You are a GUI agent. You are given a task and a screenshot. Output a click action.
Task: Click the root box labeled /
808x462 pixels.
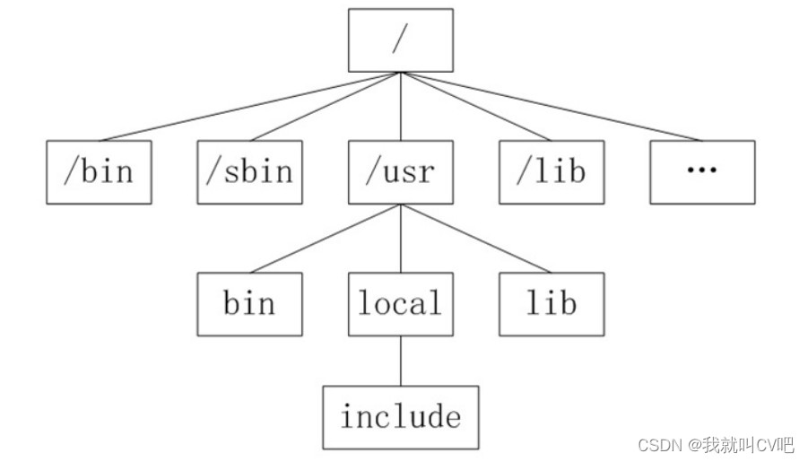(x=400, y=40)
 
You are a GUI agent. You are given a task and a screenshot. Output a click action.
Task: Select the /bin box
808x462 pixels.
(x=99, y=171)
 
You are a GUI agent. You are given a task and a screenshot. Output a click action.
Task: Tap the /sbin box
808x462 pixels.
(x=249, y=171)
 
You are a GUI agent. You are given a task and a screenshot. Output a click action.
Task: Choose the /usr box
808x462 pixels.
(x=400, y=171)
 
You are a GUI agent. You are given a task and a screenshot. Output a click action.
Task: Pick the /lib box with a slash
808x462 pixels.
(x=551, y=171)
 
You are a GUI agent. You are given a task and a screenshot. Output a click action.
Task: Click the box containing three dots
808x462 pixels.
(x=702, y=171)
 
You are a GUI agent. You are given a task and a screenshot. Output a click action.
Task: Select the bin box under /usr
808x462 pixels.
(x=249, y=303)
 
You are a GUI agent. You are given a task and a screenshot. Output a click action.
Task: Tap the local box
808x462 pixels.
(x=400, y=303)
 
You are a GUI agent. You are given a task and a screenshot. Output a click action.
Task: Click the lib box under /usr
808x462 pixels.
(x=551, y=303)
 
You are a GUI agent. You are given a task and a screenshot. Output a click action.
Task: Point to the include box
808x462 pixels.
(x=400, y=417)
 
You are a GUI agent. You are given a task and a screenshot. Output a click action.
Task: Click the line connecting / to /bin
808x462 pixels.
(x=249, y=106)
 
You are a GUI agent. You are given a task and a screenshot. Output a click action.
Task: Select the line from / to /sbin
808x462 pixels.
(x=325, y=106)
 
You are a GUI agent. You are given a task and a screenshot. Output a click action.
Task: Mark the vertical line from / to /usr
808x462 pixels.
(x=400, y=106)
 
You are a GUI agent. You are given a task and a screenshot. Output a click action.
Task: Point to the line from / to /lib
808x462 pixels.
(x=475, y=106)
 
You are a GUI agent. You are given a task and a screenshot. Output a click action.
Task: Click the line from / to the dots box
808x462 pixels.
(x=551, y=106)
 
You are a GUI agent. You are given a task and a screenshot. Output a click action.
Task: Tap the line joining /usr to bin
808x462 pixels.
(x=325, y=238)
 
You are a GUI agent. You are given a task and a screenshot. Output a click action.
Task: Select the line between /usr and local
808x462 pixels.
(x=400, y=238)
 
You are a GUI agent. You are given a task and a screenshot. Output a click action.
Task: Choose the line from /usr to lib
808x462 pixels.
(x=475, y=238)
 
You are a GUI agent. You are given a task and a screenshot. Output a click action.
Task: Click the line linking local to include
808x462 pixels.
(x=400, y=361)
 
